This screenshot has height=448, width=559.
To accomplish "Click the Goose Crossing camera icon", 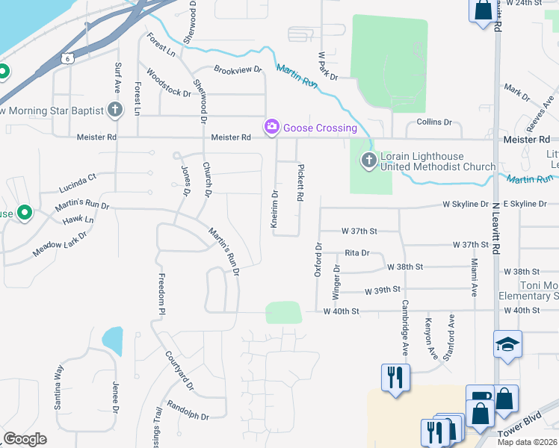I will click(x=271, y=128).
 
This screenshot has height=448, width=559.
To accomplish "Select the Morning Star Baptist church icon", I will click(x=114, y=111).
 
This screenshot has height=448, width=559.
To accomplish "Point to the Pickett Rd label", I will click(x=300, y=183).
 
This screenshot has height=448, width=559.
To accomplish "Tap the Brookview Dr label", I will click(x=238, y=69).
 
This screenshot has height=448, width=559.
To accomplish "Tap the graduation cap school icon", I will click(x=507, y=344).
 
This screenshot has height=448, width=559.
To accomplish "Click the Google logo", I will click(x=25, y=439).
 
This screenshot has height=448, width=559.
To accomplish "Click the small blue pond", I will click(x=112, y=340).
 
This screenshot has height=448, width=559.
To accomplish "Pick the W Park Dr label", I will click(x=328, y=66).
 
